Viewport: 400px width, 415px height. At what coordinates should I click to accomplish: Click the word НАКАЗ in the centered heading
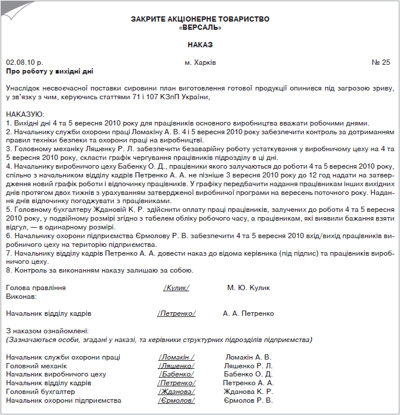coord(200,44)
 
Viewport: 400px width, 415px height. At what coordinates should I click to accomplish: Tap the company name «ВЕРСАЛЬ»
coord(200,27)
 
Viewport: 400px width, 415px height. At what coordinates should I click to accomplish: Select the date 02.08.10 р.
coord(25,62)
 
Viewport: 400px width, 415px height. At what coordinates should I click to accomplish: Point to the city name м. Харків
coord(200,62)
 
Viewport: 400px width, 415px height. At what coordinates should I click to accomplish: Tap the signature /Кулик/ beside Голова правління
coord(176,288)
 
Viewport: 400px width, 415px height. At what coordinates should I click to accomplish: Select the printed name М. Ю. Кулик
coord(251,288)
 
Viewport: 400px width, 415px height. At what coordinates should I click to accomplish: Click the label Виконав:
coord(21,297)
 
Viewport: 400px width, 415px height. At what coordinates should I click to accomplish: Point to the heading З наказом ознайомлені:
coord(47,331)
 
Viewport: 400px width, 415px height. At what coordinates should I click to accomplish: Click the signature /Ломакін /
coord(176,357)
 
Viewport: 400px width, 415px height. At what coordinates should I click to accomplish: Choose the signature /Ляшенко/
coord(176,366)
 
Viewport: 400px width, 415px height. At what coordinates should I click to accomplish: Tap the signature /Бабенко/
coord(176,374)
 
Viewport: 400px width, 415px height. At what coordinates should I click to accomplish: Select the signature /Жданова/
coord(176,392)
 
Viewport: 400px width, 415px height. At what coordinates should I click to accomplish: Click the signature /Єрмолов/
coord(176,400)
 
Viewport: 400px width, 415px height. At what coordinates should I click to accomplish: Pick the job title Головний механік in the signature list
coord(33,366)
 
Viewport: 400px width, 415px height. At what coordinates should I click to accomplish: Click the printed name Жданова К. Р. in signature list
coord(248,392)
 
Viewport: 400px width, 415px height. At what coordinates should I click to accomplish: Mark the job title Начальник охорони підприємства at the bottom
coord(63,400)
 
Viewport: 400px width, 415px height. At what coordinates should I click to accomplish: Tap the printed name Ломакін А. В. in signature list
coord(248,357)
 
